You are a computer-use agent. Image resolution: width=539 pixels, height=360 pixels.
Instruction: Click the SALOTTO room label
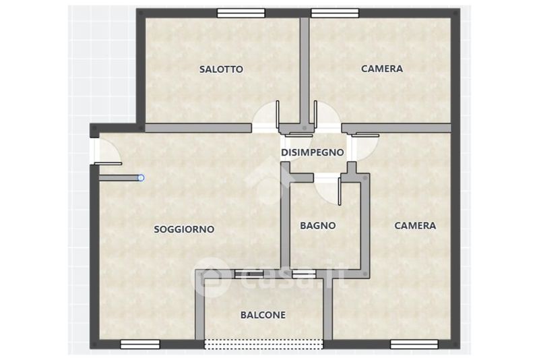221,69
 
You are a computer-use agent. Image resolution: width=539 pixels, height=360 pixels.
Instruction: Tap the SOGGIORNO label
184,229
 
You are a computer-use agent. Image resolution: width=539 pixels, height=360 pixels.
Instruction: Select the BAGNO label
317,226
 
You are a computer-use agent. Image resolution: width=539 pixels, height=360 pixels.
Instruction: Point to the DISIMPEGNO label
313,152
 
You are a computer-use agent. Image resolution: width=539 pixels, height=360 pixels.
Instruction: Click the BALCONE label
263,315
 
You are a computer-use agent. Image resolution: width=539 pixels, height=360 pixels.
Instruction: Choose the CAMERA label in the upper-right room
382,69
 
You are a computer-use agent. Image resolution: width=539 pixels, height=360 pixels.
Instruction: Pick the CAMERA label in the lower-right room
415,226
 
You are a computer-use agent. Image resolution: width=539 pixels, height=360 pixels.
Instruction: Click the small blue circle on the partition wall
141,178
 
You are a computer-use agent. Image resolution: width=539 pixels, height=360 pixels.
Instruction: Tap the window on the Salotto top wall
241,13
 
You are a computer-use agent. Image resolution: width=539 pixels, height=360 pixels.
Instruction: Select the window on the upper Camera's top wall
335,13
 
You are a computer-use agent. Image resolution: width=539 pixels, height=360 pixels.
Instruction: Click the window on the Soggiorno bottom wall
140,344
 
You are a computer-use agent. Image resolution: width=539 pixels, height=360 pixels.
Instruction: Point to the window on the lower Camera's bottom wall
414,344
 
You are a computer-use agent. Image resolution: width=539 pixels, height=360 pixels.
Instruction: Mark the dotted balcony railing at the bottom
263,344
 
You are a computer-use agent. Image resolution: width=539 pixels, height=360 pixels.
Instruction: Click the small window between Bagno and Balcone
304,274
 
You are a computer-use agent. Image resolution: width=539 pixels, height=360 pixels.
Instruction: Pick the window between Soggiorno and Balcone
249,274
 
